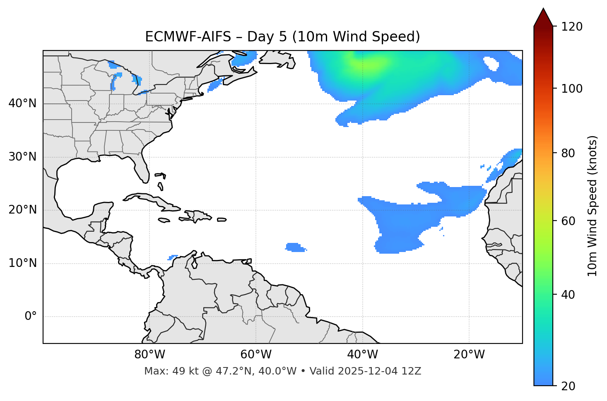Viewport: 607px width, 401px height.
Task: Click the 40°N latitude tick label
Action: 22,103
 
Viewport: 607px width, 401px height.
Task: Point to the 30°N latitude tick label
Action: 22,157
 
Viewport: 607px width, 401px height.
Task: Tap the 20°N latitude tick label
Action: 22,210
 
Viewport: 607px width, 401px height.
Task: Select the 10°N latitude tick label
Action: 22,263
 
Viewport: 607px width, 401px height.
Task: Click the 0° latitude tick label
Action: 31,317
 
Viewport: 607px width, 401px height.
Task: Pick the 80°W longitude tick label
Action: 149,355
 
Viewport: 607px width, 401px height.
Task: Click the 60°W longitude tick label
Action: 256,355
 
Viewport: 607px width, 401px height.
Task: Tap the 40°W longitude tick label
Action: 362,355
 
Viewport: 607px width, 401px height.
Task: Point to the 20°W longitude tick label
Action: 469,355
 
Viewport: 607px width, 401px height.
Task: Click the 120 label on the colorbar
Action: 571,27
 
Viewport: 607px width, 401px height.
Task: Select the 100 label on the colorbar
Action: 571,89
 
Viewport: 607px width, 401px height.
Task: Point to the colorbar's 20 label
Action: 568,386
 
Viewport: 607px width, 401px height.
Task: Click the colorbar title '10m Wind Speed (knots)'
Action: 593,206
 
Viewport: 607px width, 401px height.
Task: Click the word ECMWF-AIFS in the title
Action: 188,37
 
